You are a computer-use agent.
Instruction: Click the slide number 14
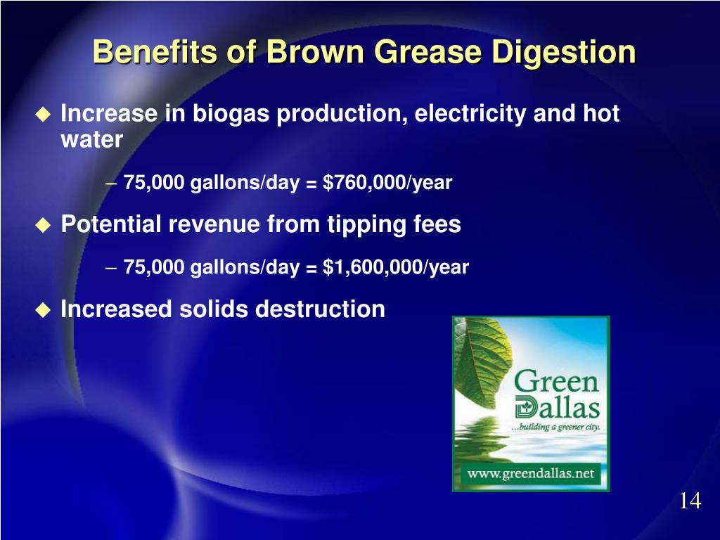coord(690,501)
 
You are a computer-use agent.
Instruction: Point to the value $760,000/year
coord(387,184)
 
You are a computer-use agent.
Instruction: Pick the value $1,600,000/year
coord(396,268)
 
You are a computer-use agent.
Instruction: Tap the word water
coord(91,140)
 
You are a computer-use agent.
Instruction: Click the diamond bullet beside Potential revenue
coord(44,225)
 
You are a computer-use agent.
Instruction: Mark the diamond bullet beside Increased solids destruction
coord(44,309)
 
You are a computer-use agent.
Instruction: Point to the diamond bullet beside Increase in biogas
coord(44,115)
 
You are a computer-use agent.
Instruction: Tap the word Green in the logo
coord(556,382)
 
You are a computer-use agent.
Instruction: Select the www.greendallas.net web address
coord(531,473)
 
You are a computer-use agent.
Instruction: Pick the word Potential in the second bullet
coord(110,225)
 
